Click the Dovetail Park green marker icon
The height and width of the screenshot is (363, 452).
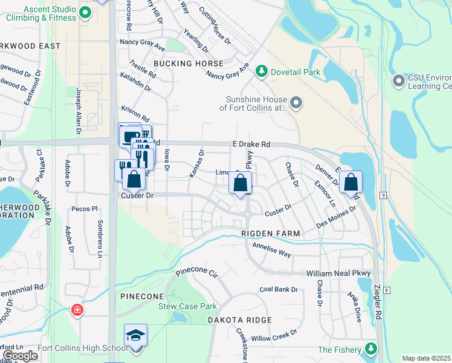point(261,72)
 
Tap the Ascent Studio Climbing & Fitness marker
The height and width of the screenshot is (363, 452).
point(85,12)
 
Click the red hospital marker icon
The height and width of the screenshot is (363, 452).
point(77,310)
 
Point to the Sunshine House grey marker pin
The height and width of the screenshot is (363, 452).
point(295,103)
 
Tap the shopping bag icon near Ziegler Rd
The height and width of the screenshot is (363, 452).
point(350,181)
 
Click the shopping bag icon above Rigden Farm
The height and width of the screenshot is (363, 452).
point(241,182)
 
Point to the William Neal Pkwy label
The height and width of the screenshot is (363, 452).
point(338,273)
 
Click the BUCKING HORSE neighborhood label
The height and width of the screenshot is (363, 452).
point(188,63)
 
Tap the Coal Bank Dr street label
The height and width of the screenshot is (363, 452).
point(279,289)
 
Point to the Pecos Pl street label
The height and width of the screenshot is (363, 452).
point(85,209)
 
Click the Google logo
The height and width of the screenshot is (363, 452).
point(21,355)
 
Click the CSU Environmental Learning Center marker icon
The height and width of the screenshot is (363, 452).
point(398,80)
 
